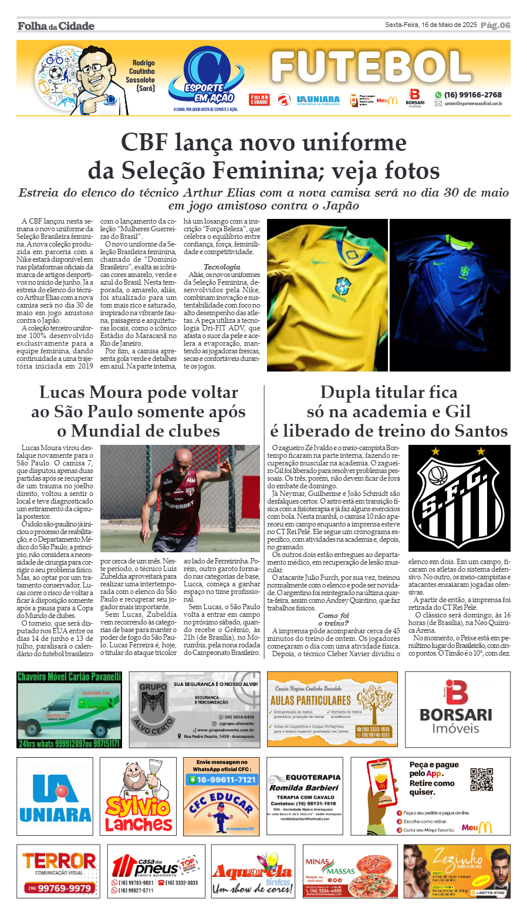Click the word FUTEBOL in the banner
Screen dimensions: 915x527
click(371, 67)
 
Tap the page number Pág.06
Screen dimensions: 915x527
click(495, 25)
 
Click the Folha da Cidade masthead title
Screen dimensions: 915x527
click(56, 26)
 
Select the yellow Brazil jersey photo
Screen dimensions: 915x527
click(327, 295)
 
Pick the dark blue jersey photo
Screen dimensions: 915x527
click(450, 295)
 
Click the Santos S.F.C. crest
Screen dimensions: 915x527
click(459, 498)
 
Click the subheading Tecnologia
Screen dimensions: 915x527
click(222, 267)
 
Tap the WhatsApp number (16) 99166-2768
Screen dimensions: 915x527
click(472, 94)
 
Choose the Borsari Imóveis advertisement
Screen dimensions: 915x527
click(457, 709)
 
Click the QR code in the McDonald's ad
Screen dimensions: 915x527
click(481, 779)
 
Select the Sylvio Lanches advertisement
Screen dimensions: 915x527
click(138, 796)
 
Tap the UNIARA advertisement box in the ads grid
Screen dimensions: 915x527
click(55, 796)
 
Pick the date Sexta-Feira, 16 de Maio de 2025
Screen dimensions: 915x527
click(431, 25)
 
